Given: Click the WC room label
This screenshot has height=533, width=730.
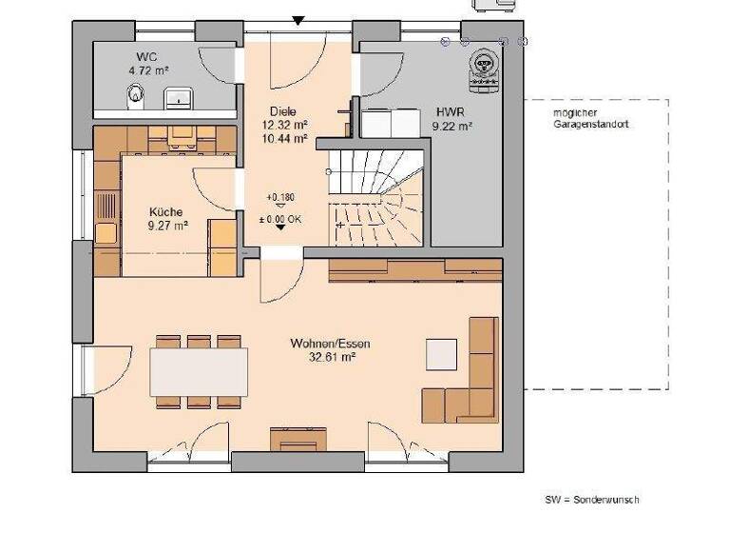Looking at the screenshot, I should point(146,56).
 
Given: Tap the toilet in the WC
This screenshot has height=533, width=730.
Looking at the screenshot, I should point(136,93).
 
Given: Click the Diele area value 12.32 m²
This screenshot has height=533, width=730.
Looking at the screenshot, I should point(285,125).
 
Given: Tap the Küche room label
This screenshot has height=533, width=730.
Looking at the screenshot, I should point(166,212).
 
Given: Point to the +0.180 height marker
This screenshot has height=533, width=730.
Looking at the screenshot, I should point(280,197).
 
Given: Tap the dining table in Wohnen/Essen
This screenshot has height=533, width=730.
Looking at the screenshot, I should point(200,370).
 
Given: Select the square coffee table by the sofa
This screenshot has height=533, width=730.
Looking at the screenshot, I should point(441,353).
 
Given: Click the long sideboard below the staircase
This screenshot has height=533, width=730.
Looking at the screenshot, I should point(414,269).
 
